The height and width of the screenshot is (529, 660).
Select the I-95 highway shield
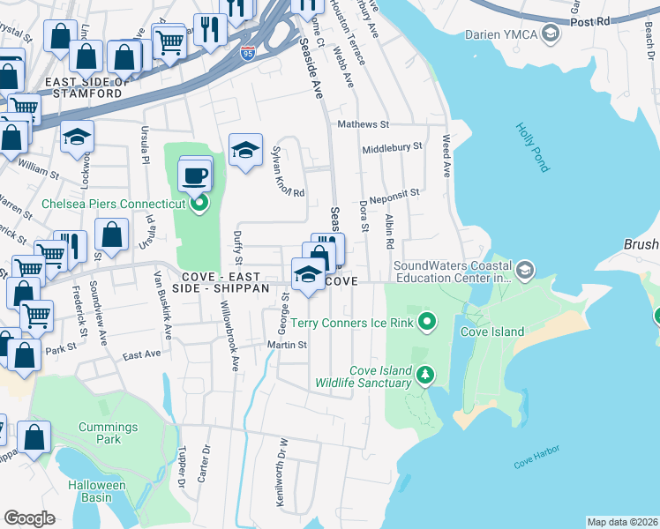coord(249,54)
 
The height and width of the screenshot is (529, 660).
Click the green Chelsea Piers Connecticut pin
coord(199,204)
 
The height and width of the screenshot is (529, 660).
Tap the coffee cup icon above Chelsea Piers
coord(194,175)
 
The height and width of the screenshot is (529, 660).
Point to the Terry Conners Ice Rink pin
coord(427,323)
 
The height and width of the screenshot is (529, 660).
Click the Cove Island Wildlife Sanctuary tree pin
coord(425,376)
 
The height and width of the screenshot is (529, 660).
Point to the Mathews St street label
coord(362,125)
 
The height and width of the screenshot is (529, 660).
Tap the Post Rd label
coord(590,20)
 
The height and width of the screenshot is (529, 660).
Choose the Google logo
coord(29,518)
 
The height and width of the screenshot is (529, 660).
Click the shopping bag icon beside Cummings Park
coord(34,439)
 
